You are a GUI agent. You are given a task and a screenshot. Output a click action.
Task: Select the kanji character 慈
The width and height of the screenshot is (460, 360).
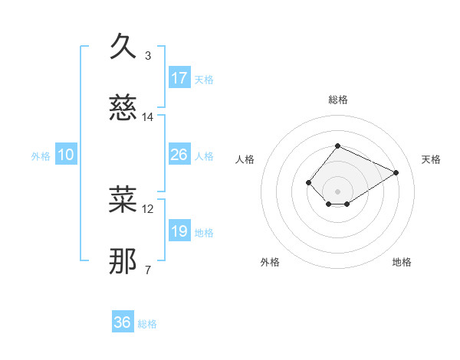[x=123, y=110]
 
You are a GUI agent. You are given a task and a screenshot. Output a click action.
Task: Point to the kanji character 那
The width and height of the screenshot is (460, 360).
[x=123, y=261]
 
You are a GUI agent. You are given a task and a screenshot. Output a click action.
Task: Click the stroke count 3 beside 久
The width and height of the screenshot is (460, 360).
[x=148, y=55]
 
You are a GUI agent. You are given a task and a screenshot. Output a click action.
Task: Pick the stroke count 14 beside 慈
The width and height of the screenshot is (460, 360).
[x=148, y=117]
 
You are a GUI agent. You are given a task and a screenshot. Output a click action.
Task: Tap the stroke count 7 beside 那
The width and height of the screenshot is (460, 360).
[x=148, y=270]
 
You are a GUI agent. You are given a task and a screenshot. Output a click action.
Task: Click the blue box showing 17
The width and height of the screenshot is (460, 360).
[x=179, y=78]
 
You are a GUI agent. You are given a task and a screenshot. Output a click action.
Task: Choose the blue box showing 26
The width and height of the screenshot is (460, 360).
[x=179, y=155]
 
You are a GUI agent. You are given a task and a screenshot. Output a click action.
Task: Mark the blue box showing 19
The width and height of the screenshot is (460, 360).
[x=179, y=231]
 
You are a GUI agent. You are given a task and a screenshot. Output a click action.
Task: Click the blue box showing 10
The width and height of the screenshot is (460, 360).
[x=65, y=155]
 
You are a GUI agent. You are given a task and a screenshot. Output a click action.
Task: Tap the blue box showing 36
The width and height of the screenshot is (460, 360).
[x=123, y=322]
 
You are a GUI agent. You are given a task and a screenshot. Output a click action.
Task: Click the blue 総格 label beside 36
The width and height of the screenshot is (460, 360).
[x=148, y=324]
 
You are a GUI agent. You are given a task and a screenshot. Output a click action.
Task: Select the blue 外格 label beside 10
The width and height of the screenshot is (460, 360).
[x=41, y=156]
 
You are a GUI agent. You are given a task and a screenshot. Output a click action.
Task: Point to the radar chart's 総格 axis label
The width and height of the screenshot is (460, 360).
[x=337, y=100]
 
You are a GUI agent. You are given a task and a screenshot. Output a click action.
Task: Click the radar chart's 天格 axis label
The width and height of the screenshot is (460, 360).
[x=431, y=159]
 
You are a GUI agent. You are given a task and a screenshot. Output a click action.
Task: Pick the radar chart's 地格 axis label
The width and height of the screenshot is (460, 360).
[x=402, y=262]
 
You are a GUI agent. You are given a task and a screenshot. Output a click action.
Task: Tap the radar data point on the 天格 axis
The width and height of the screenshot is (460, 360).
[x=396, y=172]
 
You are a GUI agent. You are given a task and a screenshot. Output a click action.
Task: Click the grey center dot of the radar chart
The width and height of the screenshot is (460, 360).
[x=337, y=191]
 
